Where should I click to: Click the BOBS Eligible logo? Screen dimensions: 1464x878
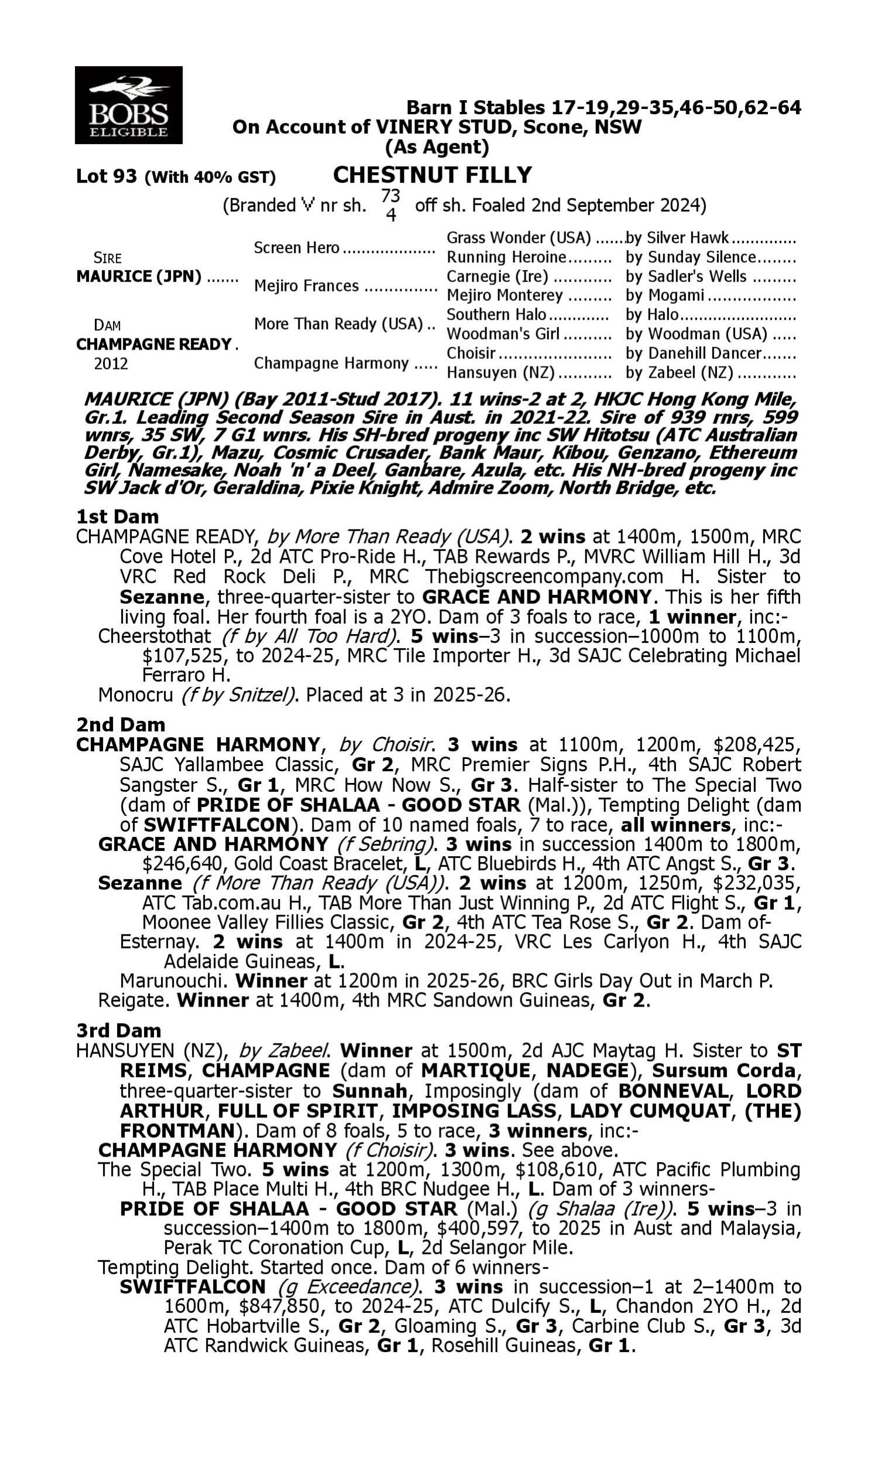coord(128,105)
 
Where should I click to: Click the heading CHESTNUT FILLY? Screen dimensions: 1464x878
coord(433,175)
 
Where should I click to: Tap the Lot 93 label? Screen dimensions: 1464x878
coord(107,176)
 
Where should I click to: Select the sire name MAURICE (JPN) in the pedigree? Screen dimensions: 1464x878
coord(139,277)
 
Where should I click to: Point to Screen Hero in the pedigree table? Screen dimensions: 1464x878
coord(296,248)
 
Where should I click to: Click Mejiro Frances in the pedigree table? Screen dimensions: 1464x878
coord(306,286)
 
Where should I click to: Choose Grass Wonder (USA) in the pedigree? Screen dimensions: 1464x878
coord(518,238)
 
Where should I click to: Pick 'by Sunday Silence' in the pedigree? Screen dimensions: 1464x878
coord(691,258)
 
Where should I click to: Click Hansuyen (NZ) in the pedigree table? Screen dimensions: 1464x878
coord(500,373)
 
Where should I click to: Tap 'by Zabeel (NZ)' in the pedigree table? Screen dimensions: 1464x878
coord(679,373)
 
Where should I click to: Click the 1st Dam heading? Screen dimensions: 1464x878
coord(117,516)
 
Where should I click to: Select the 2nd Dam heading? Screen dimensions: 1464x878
coord(121,724)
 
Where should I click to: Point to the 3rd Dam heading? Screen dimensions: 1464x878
coord(118,1030)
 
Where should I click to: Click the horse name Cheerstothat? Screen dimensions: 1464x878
coord(155,636)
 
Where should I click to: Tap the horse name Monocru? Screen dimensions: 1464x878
coord(135,694)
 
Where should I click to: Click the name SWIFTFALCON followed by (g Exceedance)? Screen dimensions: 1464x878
coord(193,1287)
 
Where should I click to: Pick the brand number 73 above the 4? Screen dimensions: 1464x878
coord(390,196)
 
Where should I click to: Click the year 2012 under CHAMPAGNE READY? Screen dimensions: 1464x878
coord(111,363)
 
